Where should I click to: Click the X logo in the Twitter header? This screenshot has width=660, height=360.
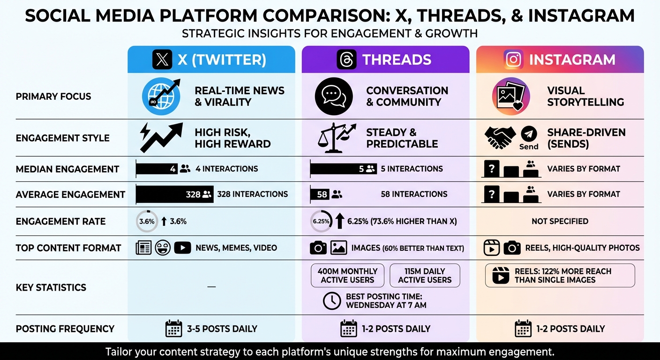(163, 60)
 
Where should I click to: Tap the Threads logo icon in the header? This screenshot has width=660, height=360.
(346, 60)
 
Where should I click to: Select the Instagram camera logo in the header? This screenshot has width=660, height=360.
(514, 60)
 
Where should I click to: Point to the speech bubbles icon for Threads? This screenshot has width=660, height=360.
(334, 96)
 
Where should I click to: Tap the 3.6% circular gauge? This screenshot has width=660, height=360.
(147, 221)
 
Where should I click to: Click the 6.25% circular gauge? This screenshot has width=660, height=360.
(321, 221)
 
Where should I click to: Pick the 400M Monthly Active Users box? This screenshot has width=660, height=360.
(347, 275)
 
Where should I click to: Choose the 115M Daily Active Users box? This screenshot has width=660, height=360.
(425, 275)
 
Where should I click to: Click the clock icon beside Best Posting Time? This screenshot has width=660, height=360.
(332, 300)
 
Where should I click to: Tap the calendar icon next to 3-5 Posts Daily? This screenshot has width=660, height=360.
(174, 329)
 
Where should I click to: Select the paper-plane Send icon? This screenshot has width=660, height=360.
(529, 135)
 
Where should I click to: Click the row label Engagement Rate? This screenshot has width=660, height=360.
(60, 221)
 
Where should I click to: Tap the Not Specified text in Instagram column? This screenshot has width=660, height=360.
(560, 221)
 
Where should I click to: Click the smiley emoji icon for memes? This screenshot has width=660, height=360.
(163, 247)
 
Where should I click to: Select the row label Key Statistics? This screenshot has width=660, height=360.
(51, 287)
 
